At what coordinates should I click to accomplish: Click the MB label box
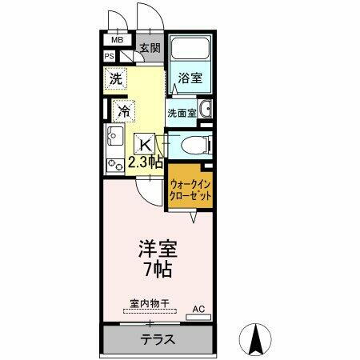117,39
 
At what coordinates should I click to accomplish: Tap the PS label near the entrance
110,56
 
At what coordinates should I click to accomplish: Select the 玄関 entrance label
150,49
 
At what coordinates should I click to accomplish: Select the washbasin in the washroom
204,110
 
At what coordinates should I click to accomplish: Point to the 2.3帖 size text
146,162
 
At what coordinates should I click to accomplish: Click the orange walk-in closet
190,192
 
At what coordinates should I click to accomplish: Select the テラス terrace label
158,339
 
